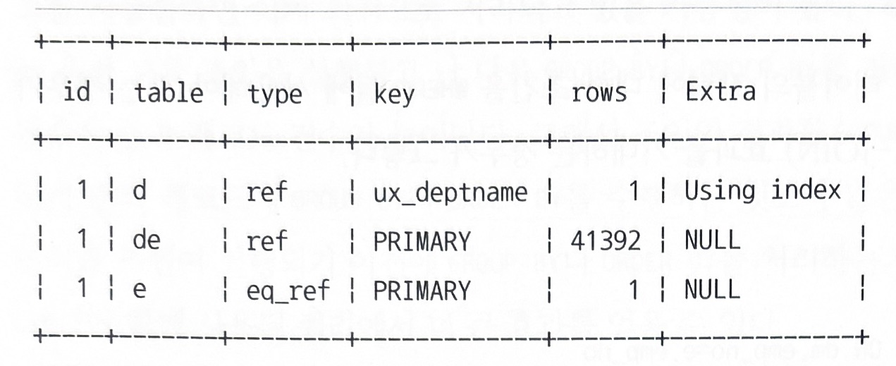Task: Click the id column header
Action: (x=77, y=92)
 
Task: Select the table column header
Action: (x=168, y=93)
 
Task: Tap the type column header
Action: (x=274, y=94)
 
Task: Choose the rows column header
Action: (x=599, y=93)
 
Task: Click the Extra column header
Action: (x=720, y=92)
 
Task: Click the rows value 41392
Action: (x=606, y=241)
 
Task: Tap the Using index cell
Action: (x=763, y=190)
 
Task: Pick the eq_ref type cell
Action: (x=288, y=290)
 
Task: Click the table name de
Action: (x=147, y=241)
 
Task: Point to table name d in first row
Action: (x=140, y=192)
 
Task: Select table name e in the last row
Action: (x=139, y=289)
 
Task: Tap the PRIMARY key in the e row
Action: (x=422, y=290)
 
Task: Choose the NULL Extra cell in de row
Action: (x=712, y=241)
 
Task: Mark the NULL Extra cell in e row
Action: (x=712, y=289)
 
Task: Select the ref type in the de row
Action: (x=267, y=241)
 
